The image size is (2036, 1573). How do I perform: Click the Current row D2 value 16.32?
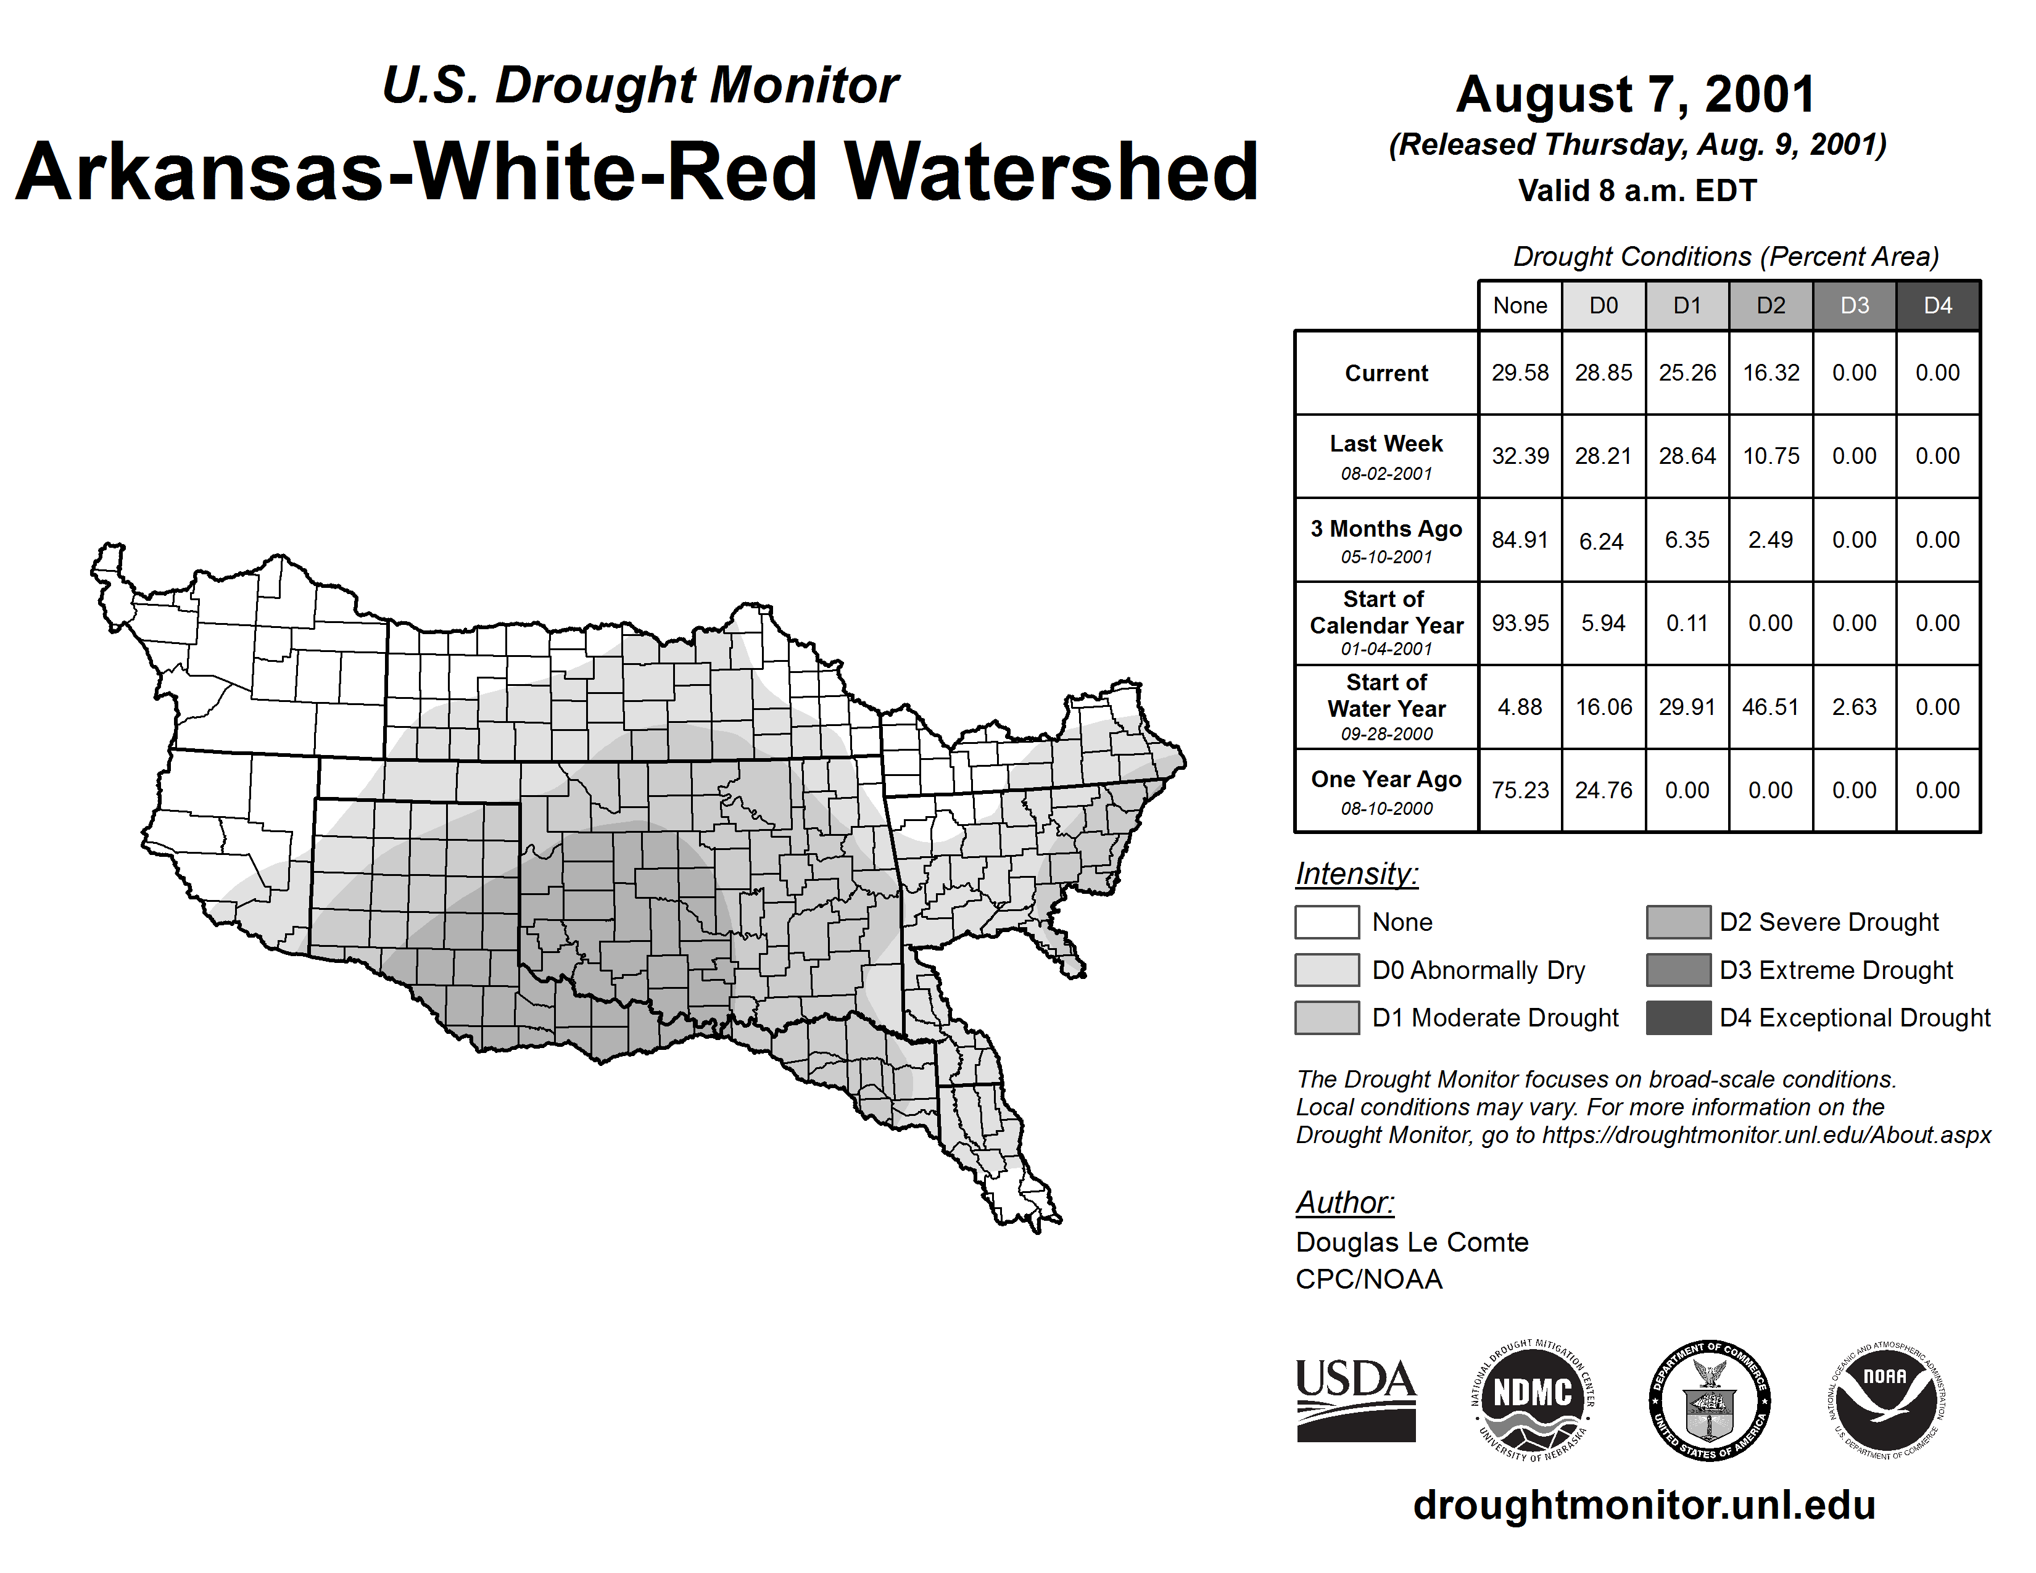pos(1770,373)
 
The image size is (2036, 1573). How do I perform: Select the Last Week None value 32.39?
pos(1520,456)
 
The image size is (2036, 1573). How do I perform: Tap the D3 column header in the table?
pos(1854,305)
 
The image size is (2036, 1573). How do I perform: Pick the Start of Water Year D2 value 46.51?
pos(1770,708)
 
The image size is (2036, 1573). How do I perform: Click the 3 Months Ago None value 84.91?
pos(1520,540)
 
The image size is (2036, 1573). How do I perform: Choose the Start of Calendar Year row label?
pos(1386,622)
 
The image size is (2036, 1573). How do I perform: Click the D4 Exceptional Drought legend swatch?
pos(1678,1018)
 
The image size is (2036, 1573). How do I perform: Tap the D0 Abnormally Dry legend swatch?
pos(1326,970)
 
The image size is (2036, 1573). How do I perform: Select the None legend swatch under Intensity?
pos(1326,922)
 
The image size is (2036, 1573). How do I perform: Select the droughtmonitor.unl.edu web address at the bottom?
pos(1644,1506)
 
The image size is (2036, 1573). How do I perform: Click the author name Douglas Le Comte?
pos(1412,1242)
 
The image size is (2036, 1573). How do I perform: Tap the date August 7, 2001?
pos(1636,94)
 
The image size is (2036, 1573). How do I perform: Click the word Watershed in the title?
pos(1051,172)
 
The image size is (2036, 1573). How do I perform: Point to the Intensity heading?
pos(1356,874)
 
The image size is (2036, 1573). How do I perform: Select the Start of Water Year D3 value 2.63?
pos(1854,708)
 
